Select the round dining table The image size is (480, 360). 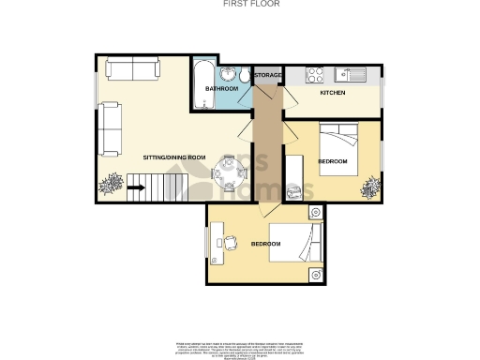click(228, 171)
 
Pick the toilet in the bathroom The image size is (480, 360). click(244, 76)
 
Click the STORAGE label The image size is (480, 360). click(268, 75)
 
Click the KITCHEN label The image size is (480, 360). click(333, 94)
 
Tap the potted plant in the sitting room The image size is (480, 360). click(111, 185)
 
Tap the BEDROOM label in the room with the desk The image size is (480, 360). click(265, 245)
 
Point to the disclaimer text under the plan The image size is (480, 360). click(239, 349)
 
